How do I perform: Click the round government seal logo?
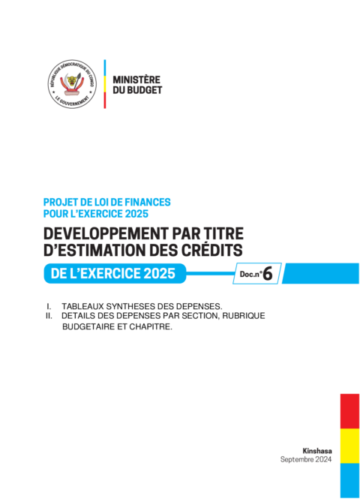click(x=72, y=84)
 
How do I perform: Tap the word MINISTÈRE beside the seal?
click(x=136, y=80)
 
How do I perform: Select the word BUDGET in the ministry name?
click(x=144, y=90)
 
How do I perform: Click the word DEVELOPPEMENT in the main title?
click(x=106, y=233)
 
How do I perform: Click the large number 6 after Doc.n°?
click(x=268, y=274)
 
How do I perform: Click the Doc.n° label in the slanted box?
click(x=251, y=274)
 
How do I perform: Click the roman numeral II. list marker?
click(x=49, y=316)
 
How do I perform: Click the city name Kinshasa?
click(x=317, y=451)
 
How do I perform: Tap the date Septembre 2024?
click(x=306, y=459)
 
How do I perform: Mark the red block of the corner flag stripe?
click(x=349, y=411)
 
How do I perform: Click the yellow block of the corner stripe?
click(x=349, y=446)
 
